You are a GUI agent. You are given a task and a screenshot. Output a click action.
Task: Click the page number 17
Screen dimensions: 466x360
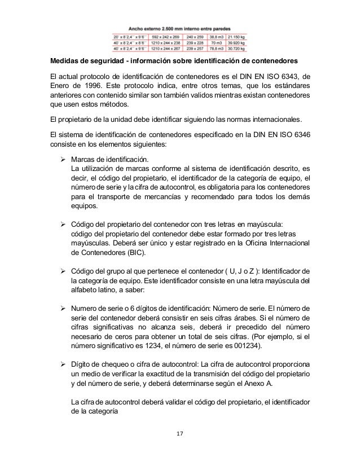tap(180, 434)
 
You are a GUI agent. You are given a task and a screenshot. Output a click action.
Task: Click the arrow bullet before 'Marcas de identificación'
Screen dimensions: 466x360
tap(64, 158)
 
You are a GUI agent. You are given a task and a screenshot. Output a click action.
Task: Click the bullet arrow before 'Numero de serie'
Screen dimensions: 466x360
tap(64, 308)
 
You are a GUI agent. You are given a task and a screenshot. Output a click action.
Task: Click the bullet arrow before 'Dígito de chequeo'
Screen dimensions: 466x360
tap(64, 362)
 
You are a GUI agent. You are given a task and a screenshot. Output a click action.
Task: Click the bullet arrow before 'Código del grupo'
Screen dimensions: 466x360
tap(64, 270)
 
